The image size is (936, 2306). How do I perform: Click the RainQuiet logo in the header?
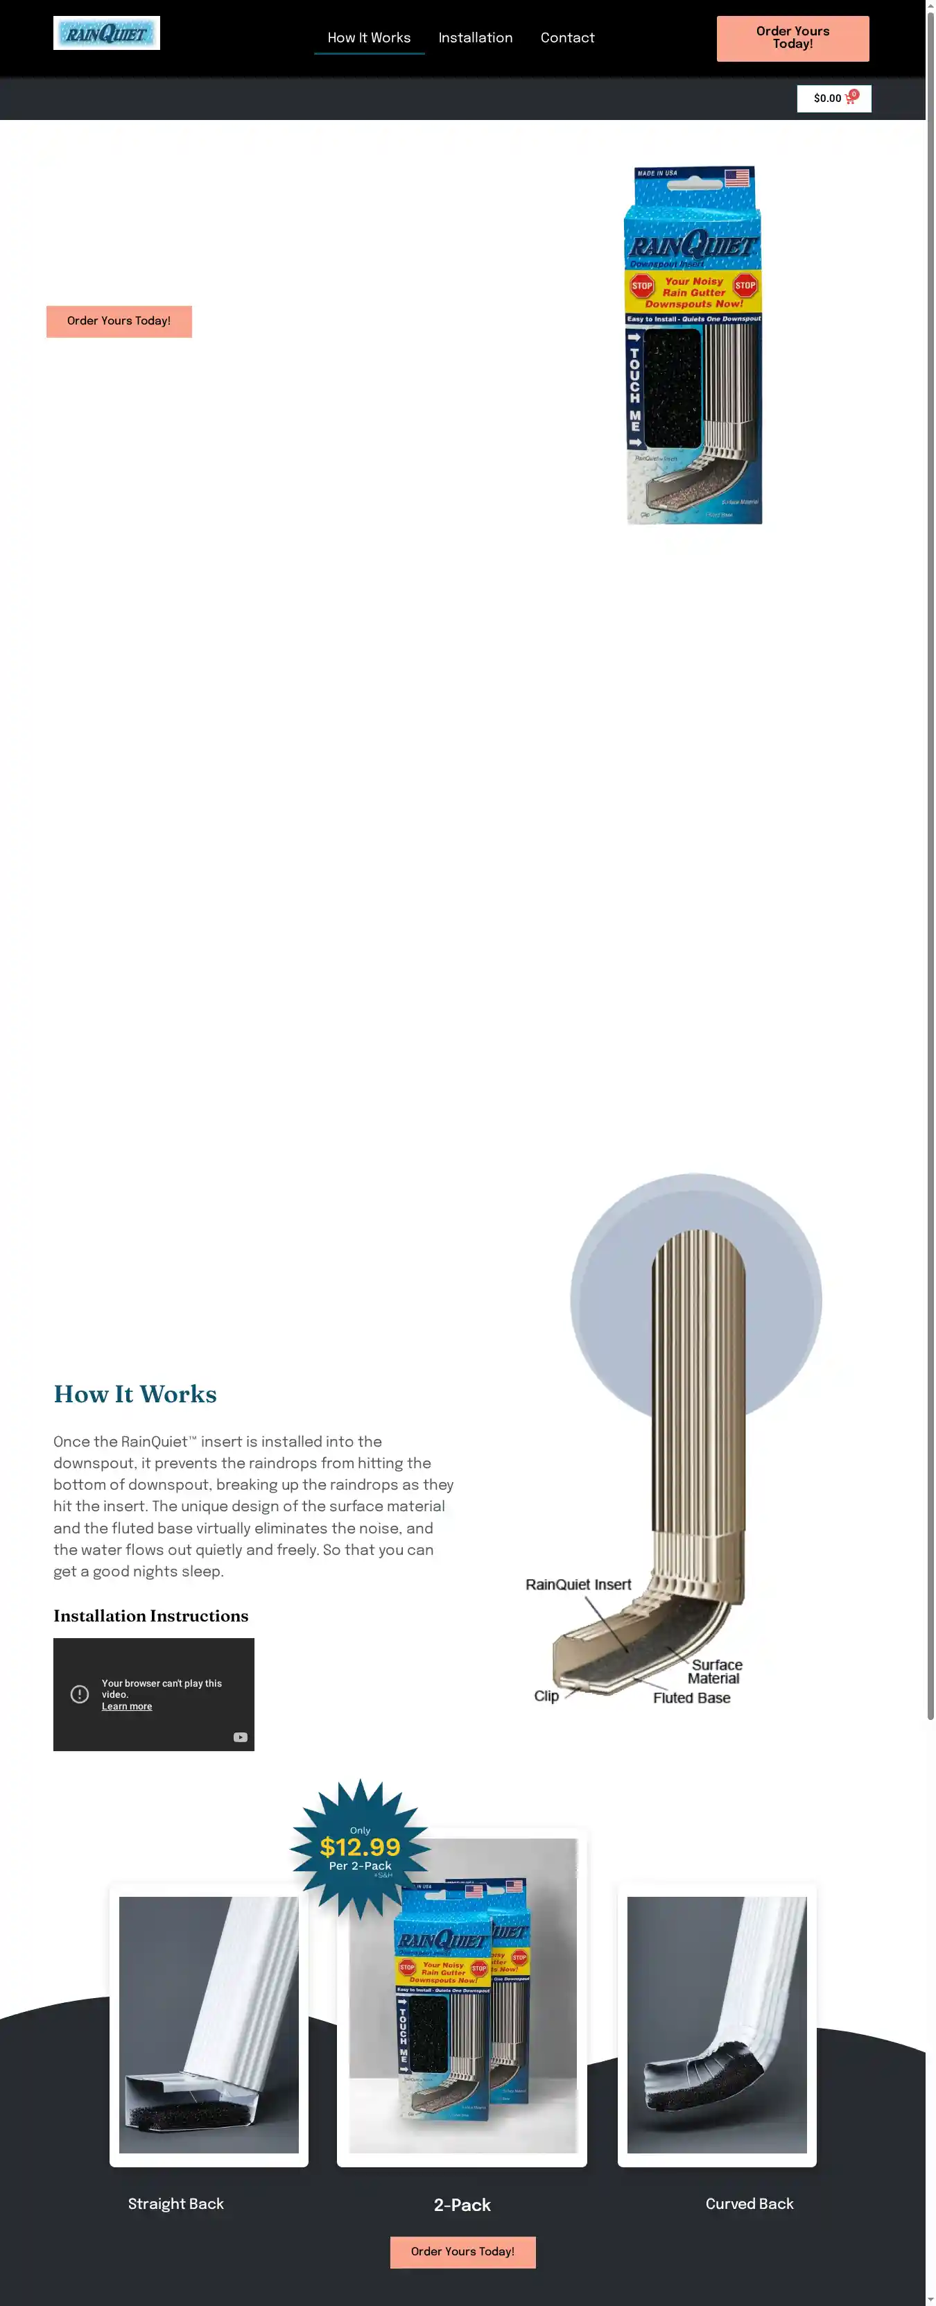pos(107,33)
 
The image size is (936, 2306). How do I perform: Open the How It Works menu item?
pos(369,37)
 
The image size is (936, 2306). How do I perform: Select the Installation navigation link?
pos(475,37)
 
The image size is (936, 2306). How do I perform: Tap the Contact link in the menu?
pos(566,37)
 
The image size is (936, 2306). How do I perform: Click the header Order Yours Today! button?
pos(792,37)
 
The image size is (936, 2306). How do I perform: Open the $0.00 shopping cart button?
pos(833,98)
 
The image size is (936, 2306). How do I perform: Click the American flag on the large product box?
pos(736,178)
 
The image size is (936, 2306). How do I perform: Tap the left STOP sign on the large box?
pos(641,286)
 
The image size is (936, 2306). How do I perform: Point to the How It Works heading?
pos(135,1394)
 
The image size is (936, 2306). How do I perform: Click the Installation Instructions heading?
pos(150,1616)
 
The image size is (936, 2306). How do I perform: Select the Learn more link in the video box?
pos(126,1706)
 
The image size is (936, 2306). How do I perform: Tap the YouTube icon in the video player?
pos(240,1737)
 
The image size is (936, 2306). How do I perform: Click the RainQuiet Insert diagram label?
pos(578,1585)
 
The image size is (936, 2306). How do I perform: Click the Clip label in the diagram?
pos(546,1696)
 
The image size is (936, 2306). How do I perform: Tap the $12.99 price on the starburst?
pos(360,1847)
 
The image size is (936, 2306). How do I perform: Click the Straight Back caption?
pos(175,2203)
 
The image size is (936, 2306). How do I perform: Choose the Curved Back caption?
pos(749,2203)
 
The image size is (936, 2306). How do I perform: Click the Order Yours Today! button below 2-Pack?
pos(462,2251)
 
